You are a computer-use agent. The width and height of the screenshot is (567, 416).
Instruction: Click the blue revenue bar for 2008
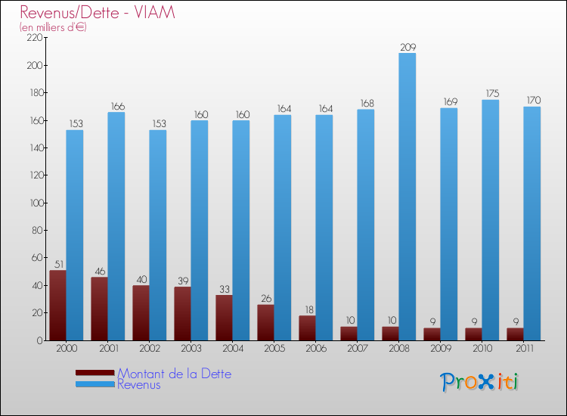click(407, 197)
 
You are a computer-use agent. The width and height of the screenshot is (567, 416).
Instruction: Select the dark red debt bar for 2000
click(57, 305)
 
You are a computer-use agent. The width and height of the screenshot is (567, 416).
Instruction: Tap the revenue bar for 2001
click(116, 226)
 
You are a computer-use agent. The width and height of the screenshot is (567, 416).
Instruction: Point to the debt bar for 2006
click(307, 328)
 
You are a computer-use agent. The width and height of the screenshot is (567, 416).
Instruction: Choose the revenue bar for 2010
click(490, 220)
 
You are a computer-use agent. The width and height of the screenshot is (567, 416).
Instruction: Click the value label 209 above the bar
click(407, 47)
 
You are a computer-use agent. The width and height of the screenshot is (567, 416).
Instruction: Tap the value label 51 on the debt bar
click(57, 264)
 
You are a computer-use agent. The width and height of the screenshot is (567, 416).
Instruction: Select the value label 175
click(491, 94)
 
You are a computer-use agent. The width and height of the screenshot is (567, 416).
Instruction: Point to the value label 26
click(265, 298)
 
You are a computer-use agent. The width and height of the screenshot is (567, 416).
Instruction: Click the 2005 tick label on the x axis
click(274, 349)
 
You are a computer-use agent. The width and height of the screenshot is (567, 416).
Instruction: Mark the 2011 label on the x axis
click(524, 349)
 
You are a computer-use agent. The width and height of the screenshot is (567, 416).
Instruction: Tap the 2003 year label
click(191, 349)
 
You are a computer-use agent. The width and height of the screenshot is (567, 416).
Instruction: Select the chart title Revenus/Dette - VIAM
click(98, 12)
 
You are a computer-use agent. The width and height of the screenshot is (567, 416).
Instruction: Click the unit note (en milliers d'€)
click(53, 27)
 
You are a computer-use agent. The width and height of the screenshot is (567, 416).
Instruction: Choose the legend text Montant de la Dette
click(174, 374)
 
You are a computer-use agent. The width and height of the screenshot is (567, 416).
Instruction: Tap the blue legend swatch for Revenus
click(94, 385)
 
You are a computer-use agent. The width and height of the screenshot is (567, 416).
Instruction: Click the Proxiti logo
click(479, 382)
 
